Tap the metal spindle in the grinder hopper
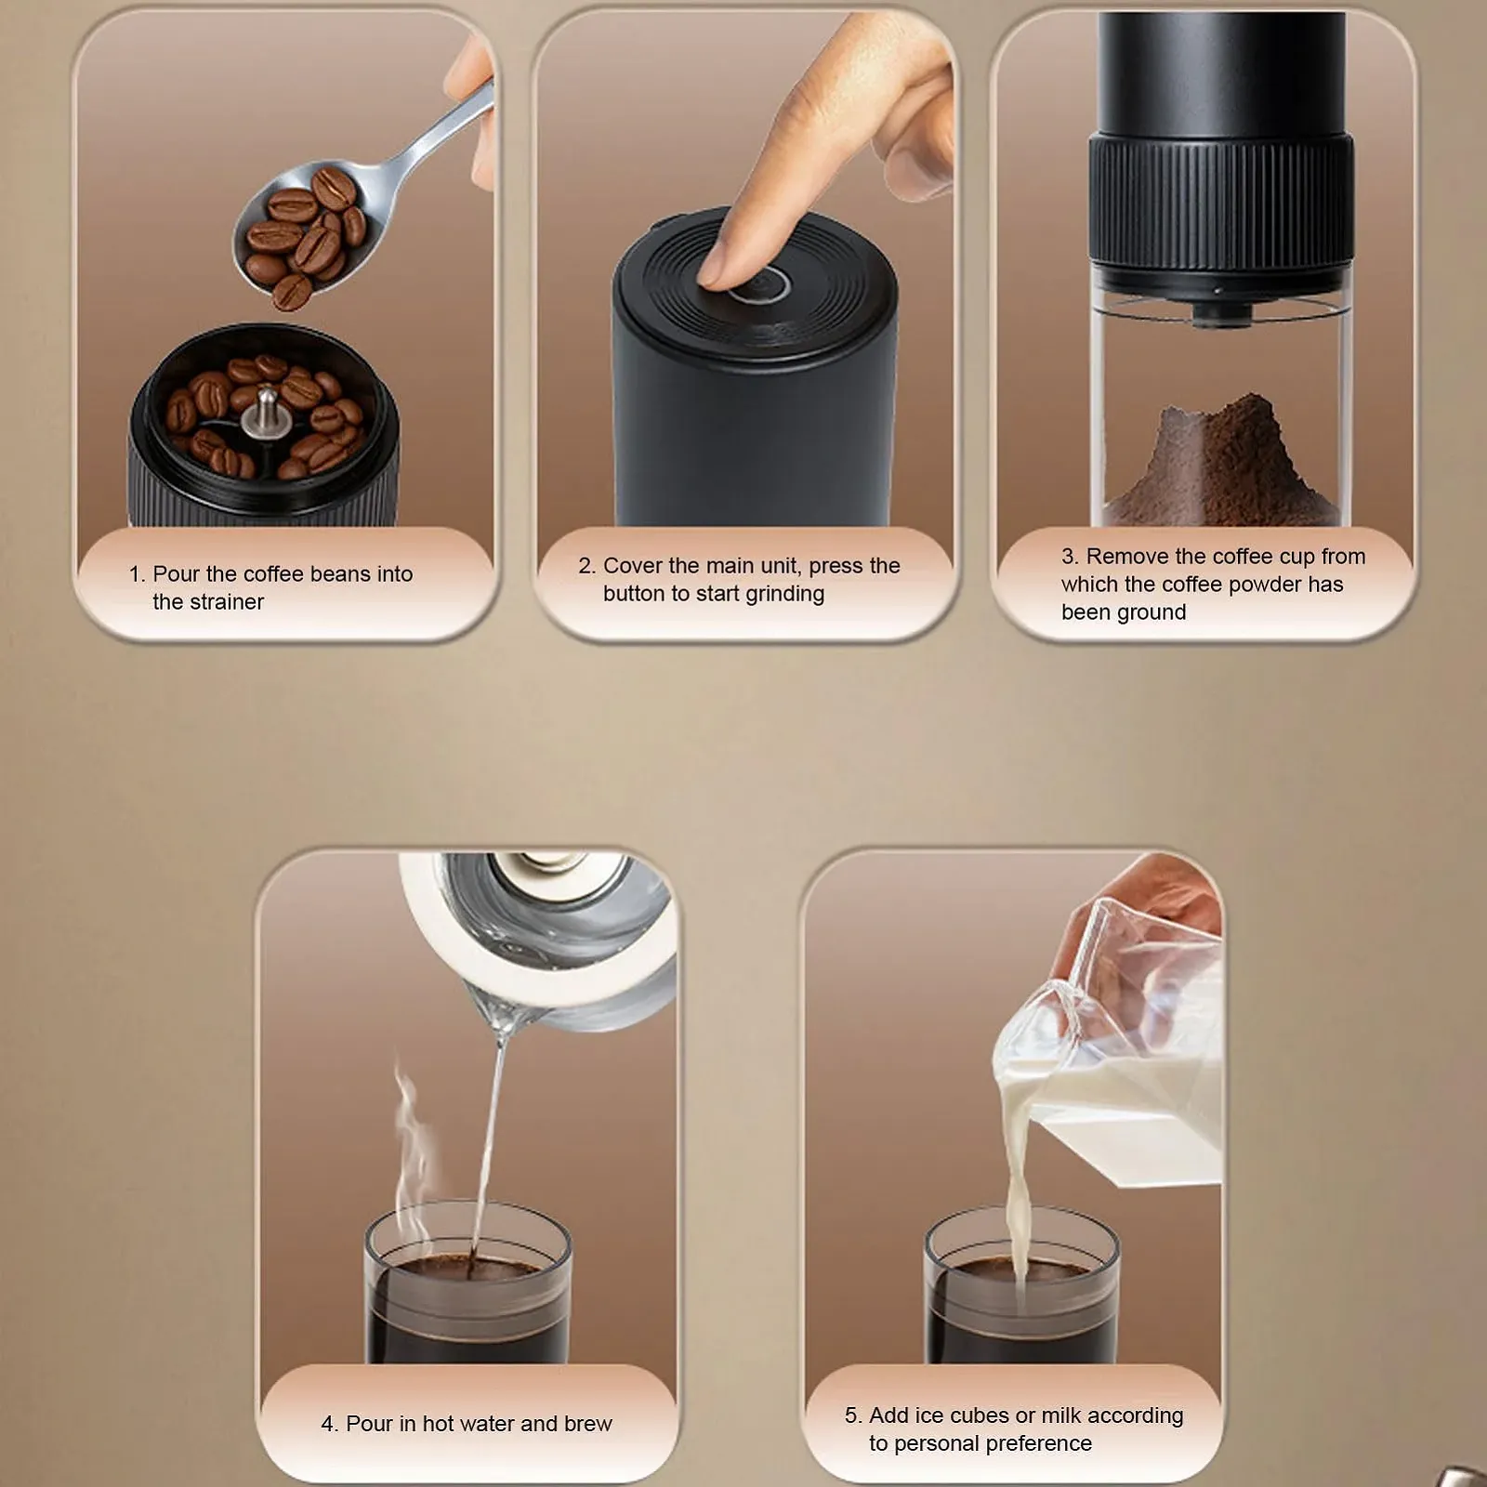pyautogui.click(x=263, y=412)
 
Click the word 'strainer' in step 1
pyautogui.click(x=208, y=602)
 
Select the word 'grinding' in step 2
pyautogui.click(x=784, y=594)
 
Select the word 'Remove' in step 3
pyautogui.click(x=1127, y=557)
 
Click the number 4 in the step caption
pyautogui.click(x=327, y=1424)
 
